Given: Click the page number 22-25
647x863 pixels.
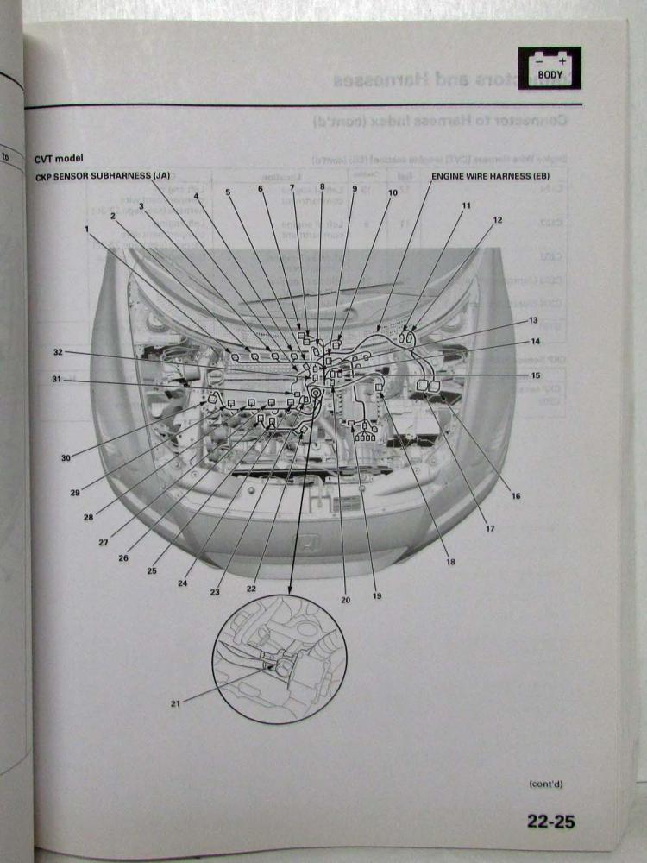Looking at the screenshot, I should tap(550, 821).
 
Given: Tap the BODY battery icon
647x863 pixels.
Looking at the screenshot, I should tap(549, 68).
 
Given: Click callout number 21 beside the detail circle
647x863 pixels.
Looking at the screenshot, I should tap(176, 703).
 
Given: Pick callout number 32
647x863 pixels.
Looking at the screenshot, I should tap(59, 352).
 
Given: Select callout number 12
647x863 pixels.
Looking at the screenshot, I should tap(497, 221).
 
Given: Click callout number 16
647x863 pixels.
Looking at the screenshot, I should tap(515, 496).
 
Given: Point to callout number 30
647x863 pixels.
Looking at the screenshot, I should tap(66, 458).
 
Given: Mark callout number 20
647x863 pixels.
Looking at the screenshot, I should tap(345, 601).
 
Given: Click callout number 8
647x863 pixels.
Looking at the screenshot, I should tap(322, 186).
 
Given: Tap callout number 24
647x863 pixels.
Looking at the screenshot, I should tap(183, 583).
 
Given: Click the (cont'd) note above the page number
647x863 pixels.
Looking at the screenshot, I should tap(547, 784).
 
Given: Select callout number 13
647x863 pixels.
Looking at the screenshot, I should tap(534, 320).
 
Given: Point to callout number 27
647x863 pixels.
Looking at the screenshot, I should tap(103, 543).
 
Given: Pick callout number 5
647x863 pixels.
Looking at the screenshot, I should tap(228, 192).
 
